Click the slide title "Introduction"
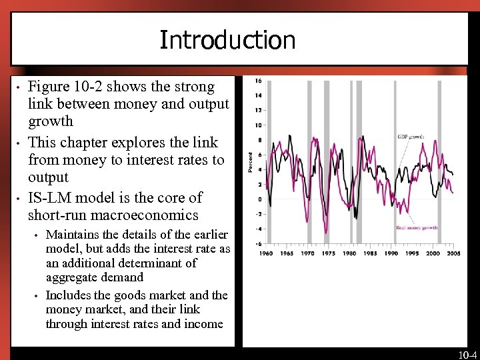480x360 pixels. tap(227, 41)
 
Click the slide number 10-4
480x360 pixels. tap(467, 355)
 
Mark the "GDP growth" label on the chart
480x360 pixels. tap(411, 137)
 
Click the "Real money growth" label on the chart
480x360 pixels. tap(417, 228)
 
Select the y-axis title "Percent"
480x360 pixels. tap(251, 162)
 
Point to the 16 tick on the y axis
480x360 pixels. tap(258, 81)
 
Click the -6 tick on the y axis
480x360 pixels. tap(258, 243)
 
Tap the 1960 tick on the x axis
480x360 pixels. tap(266, 254)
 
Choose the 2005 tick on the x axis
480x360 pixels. tap(454, 254)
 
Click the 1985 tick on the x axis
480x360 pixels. tap(370, 254)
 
